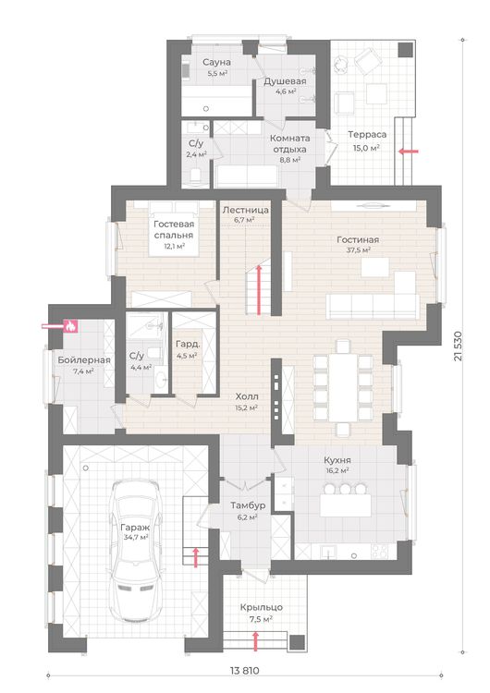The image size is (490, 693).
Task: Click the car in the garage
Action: point(135,551)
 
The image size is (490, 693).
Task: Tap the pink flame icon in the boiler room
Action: point(70,326)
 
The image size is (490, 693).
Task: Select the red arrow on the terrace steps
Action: point(409,152)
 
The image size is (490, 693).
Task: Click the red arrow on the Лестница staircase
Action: point(259,289)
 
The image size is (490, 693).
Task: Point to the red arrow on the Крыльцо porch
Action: point(255,641)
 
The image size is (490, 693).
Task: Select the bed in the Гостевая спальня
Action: point(175,228)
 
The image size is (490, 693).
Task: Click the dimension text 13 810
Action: point(245,671)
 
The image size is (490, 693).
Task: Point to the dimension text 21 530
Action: point(458,346)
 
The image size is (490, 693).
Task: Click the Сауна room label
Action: point(216,62)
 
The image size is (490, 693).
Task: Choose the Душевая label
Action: point(286,81)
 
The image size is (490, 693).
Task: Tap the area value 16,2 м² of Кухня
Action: point(337,470)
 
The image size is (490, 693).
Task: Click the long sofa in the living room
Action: point(373,306)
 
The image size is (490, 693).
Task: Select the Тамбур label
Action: point(248,505)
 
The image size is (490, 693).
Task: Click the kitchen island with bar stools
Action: point(346,501)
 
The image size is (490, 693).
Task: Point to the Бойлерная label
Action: point(84,359)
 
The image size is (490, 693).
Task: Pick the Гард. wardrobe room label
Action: point(188,344)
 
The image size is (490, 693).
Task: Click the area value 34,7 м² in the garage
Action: point(135,538)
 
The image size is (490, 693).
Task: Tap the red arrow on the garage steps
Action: point(195,557)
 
